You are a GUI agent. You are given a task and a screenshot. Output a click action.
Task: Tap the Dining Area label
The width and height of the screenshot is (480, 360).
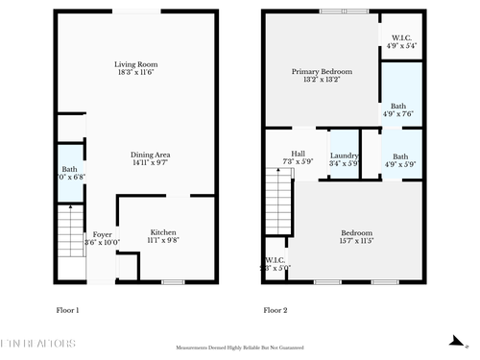point(149,159)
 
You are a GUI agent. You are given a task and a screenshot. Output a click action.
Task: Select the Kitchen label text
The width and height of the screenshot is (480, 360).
point(162,235)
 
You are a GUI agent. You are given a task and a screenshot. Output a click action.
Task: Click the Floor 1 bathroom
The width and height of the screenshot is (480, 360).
point(70,174)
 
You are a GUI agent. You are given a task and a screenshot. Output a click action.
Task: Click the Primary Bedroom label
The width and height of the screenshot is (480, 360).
point(322,75)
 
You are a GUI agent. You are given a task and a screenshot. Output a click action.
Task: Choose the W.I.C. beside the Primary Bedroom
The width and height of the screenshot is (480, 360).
point(401,41)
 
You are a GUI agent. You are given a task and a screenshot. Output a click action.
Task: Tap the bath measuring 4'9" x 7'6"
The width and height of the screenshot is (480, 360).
point(401,109)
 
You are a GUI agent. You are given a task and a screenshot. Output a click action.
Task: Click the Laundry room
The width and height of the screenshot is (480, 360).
point(344,158)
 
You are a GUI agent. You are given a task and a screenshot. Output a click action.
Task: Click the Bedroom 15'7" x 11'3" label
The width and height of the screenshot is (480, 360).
point(356,236)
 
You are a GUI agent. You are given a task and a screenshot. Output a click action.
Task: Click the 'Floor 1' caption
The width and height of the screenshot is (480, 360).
point(67,310)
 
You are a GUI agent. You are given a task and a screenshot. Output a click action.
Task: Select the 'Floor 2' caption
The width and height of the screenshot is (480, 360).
point(276,310)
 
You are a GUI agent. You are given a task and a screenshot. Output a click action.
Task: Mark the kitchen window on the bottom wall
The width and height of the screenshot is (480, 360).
point(173,281)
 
